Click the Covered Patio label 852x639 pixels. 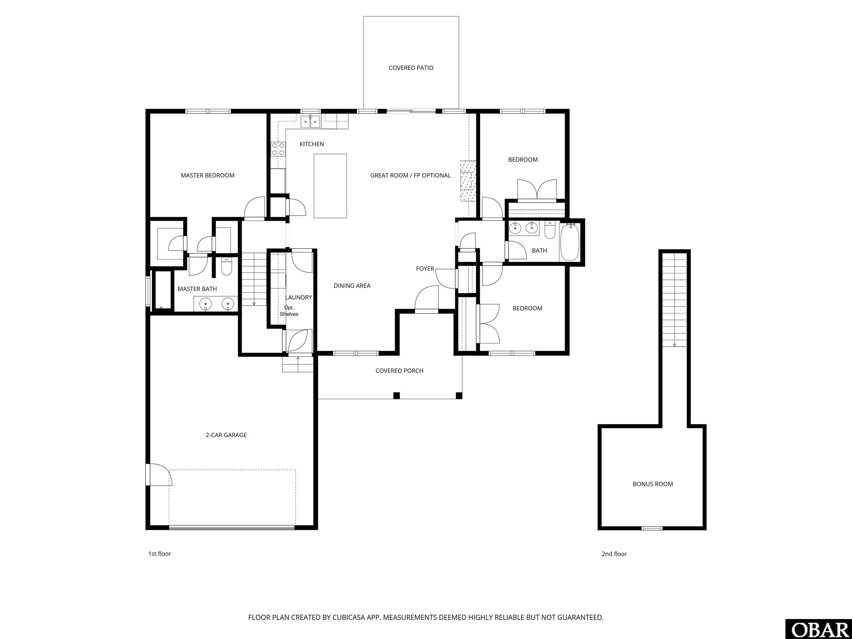coord(411,68)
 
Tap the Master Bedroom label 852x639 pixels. coord(208,175)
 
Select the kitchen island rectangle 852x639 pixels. coord(330,186)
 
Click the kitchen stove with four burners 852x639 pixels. coord(278,149)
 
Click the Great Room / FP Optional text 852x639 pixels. coord(410,175)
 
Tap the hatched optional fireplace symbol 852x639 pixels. coord(468,181)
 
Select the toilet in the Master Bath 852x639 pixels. coord(227,267)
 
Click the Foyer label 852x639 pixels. coord(425,269)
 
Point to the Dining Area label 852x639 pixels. coord(352,286)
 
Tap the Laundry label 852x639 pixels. coord(298,297)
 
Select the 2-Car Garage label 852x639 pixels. coord(226,435)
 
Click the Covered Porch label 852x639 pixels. coord(399,371)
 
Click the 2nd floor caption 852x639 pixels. coord(614,554)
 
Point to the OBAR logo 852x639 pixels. coord(818,629)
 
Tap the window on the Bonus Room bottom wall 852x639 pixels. coord(652,528)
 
